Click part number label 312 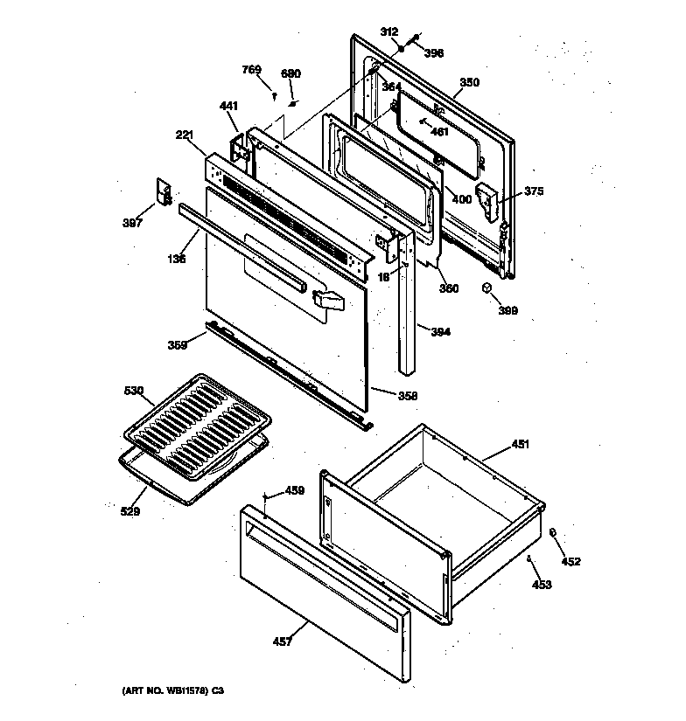pos(390,32)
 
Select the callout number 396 pos(434,52)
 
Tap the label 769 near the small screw pos(252,69)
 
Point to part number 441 pos(228,107)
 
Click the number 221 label pos(185,135)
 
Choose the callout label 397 pos(132,223)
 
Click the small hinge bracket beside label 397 pos(162,191)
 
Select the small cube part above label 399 pos(487,288)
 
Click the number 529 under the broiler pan pos(129,511)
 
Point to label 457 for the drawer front pos(282,641)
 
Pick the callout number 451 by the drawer pos(521,444)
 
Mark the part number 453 pos(542,585)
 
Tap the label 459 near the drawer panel pos(295,491)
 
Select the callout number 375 pos(535,192)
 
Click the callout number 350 pos(470,83)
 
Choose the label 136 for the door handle pos(178,260)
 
